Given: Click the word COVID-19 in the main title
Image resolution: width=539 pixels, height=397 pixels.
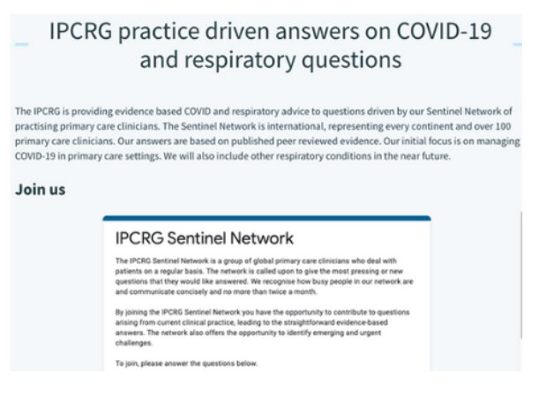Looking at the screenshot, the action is [444, 31].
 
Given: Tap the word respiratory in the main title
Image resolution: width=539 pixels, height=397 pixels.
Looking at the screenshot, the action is [240, 61].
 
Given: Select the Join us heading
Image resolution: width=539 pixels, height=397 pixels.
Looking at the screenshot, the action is [41, 190].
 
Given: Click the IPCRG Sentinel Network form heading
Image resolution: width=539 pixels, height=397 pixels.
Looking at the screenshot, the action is [204, 238].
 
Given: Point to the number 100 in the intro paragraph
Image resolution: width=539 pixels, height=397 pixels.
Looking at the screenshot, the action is [503, 126].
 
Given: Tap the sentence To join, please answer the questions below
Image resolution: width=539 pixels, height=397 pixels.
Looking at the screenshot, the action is [186, 363].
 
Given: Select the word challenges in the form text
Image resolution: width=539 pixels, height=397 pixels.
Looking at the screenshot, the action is [133, 343].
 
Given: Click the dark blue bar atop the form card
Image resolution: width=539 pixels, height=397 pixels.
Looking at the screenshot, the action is [266, 218].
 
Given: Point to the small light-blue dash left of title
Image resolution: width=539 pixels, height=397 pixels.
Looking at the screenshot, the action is [21, 44].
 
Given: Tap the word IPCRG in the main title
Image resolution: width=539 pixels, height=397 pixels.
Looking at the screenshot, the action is [81, 31].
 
